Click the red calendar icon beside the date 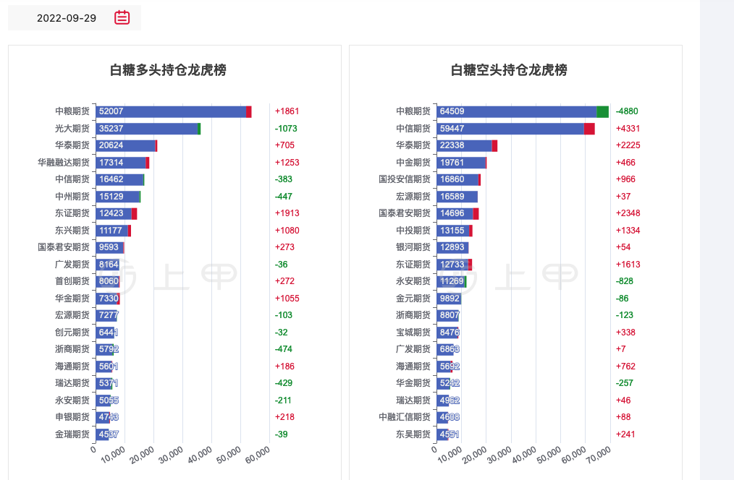coord(122,17)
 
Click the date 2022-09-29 coord(67,18)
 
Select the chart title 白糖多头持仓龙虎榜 coord(168,70)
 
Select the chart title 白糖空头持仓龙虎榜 coord(509,70)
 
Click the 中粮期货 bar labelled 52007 coord(171,111)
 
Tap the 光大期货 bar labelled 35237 coord(147,129)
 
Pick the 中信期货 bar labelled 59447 coord(510,129)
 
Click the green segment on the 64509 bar coord(602,111)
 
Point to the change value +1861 coord(287,111)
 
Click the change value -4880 coord(627,111)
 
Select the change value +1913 coord(287,213)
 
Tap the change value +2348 coord(628,213)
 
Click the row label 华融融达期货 coord(64,163)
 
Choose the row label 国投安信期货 coord(405,179)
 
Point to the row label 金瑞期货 coord(72,434)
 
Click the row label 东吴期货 coord(413,434)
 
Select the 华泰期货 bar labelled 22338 coord(464,145)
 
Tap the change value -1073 coord(286,129)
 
